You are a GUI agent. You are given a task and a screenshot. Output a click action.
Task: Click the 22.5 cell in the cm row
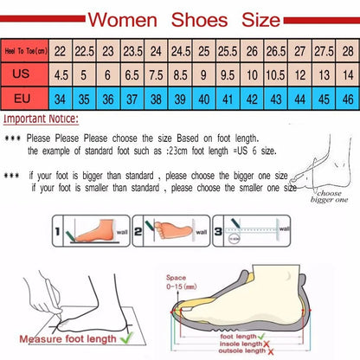coord(83,52)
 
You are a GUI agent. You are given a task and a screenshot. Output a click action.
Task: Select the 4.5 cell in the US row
coord(61,75)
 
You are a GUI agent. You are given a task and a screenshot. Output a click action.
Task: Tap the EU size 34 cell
coord(61,99)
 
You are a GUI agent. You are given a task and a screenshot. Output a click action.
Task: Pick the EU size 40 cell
coord(202,99)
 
